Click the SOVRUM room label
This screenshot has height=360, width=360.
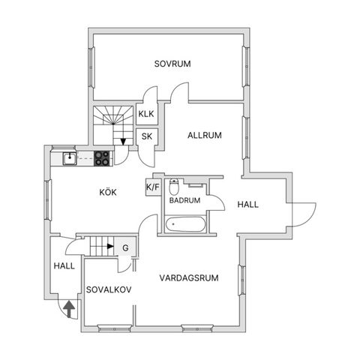point(172,64)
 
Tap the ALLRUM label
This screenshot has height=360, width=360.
point(205,135)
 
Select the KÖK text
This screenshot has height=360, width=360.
point(108,192)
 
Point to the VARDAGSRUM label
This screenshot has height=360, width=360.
point(189,277)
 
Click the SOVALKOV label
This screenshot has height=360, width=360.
point(109,289)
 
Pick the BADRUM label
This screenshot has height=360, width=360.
point(184,200)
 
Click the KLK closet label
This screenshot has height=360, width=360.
point(146,114)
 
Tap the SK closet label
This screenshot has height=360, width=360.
point(147,136)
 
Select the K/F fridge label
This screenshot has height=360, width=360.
point(152,187)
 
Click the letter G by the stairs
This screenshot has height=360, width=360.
point(125,248)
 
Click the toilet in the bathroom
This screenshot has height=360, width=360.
point(174,187)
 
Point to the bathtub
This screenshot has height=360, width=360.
point(185,224)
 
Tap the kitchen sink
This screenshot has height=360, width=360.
point(70,159)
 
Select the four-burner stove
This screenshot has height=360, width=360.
point(102,158)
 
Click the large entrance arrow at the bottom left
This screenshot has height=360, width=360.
point(69,309)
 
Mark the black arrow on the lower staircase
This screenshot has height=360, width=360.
point(110,246)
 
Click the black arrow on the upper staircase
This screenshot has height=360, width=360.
point(123,142)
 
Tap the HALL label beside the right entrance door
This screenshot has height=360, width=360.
point(247,205)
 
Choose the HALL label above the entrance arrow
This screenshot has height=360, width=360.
point(64,265)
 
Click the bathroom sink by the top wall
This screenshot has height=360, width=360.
point(196,185)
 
